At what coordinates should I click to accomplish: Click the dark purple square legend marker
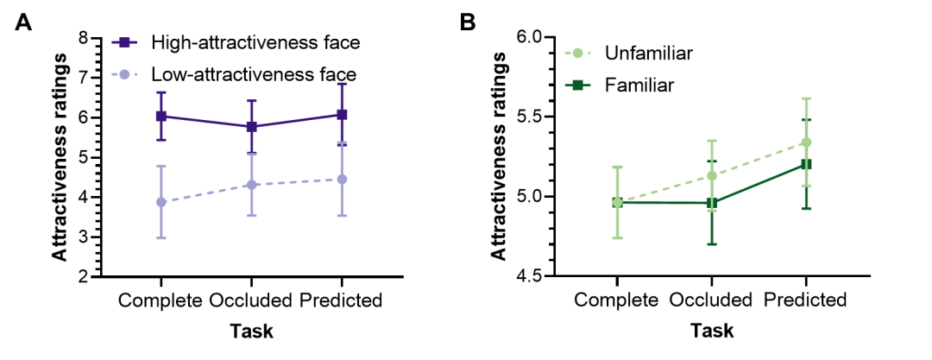[124, 42]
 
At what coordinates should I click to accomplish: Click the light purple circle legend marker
[124, 74]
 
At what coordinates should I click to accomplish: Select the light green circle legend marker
[577, 53]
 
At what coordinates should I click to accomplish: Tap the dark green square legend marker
[577, 85]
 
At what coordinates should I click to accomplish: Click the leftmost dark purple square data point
[161, 116]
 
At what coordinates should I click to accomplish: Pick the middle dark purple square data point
[252, 126]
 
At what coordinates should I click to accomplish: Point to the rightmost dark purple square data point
[342, 114]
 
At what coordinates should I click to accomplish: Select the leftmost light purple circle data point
[161, 202]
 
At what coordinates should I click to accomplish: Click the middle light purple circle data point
[252, 185]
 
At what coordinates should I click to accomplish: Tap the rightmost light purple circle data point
[342, 180]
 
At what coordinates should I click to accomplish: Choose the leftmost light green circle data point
[617, 202]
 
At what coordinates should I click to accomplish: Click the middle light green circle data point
[711, 176]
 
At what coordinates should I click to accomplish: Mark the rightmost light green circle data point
[806, 142]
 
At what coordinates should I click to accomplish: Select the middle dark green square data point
[711, 204]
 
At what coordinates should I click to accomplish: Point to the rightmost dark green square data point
[806, 164]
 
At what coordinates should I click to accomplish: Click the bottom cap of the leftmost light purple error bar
[161, 237]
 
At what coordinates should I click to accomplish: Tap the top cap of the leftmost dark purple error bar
[161, 92]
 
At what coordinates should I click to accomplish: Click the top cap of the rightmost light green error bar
[806, 98]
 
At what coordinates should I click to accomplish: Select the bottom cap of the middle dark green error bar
[711, 244]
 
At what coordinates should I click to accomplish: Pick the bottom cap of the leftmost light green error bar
[617, 237]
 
